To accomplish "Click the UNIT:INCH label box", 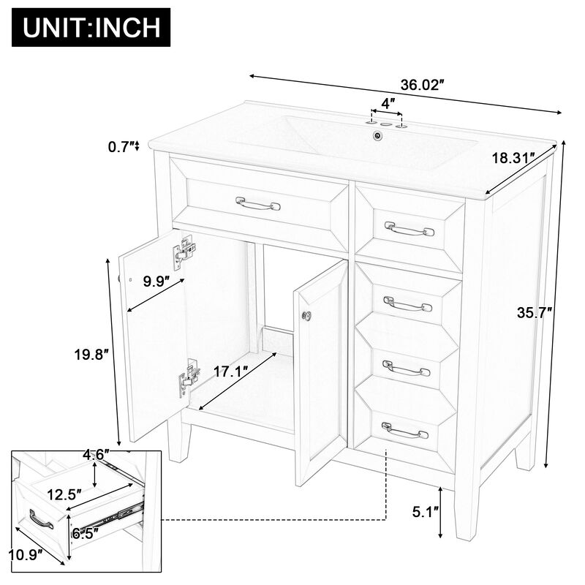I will pos(91,29).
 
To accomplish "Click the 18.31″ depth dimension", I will pos(511,156).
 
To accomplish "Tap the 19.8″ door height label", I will pos(91,355).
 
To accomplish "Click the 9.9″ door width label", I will pos(155,280).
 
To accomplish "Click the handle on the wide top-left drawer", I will pos(257,203).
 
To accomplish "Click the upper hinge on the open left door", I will pos(185,250).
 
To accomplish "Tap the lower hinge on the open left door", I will pos(189,376).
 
